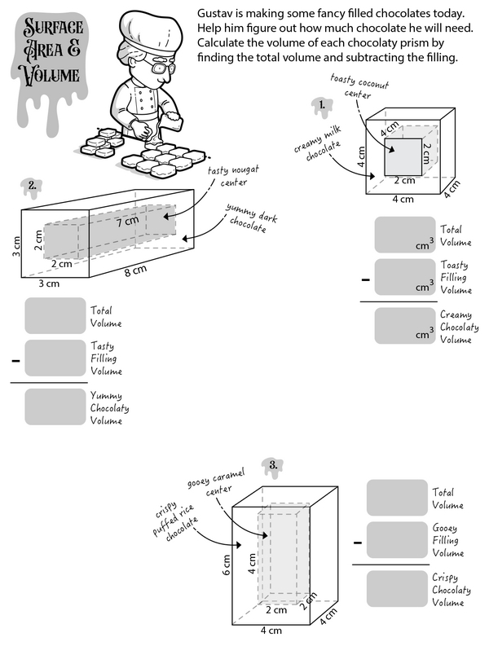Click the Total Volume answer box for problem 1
[405, 235]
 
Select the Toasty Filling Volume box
[405, 278]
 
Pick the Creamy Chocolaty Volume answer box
[405, 325]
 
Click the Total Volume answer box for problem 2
[55, 316]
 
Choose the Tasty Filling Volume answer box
[55, 358]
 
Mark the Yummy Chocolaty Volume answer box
[55, 406]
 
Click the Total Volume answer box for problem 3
[397, 497]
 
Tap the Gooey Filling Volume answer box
[397, 541]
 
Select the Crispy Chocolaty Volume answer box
[397, 588]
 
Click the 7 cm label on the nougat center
[126, 222]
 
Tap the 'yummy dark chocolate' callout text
[248, 219]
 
